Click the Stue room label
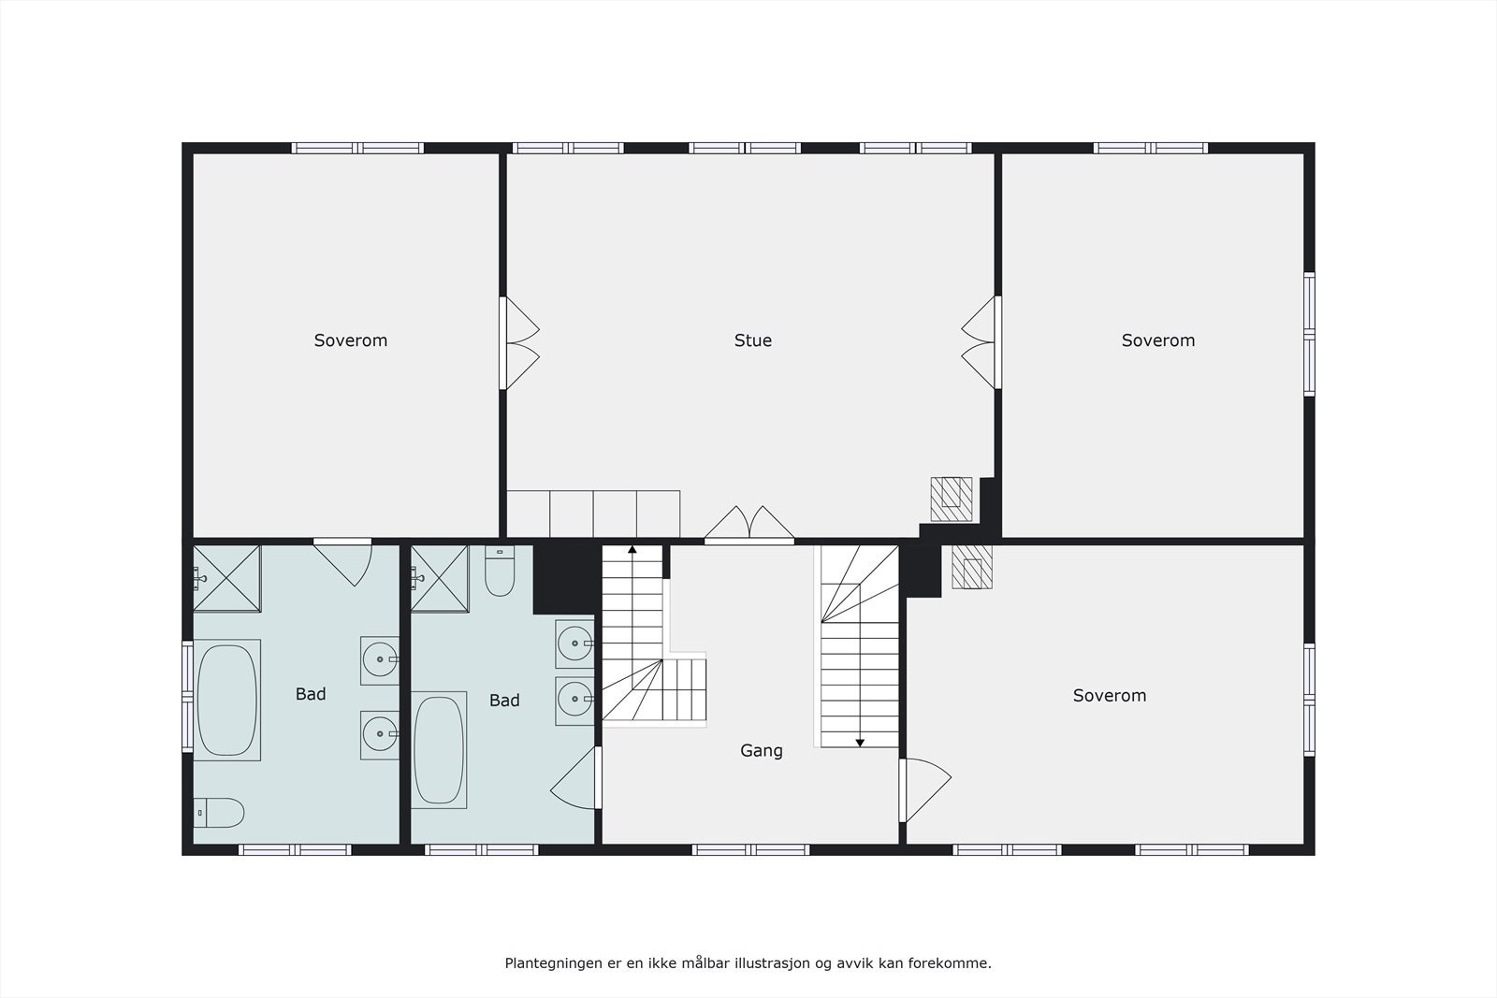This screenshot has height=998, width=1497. pyautogui.click(x=752, y=340)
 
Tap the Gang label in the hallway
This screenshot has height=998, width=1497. pyautogui.click(x=761, y=750)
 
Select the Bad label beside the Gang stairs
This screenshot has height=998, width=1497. pyautogui.click(x=503, y=701)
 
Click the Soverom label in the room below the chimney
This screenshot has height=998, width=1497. pyautogui.click(x=1109, y=695)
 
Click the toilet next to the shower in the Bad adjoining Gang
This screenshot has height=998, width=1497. pyautogui.click(x=500, y=571)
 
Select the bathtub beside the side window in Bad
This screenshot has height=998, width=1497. pyautogui.click(x=226, y=700)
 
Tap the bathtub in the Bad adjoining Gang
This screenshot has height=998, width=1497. pyautogui.click(x=439, y=750)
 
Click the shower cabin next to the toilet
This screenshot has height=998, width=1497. pyautogui.click(x=440, y=578)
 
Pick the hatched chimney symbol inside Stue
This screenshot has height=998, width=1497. pyautogui.click(x=951, y=498)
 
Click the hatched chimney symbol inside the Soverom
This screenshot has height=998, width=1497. pyautogui.click(x=972, y=567)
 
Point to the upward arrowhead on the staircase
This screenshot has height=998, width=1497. pyautogui.click(x=632, y=549)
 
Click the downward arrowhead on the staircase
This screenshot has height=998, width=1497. pyautogui.click(x=860, y=743)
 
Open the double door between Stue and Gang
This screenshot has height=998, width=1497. pyautogui.click(x=748, y=526)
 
